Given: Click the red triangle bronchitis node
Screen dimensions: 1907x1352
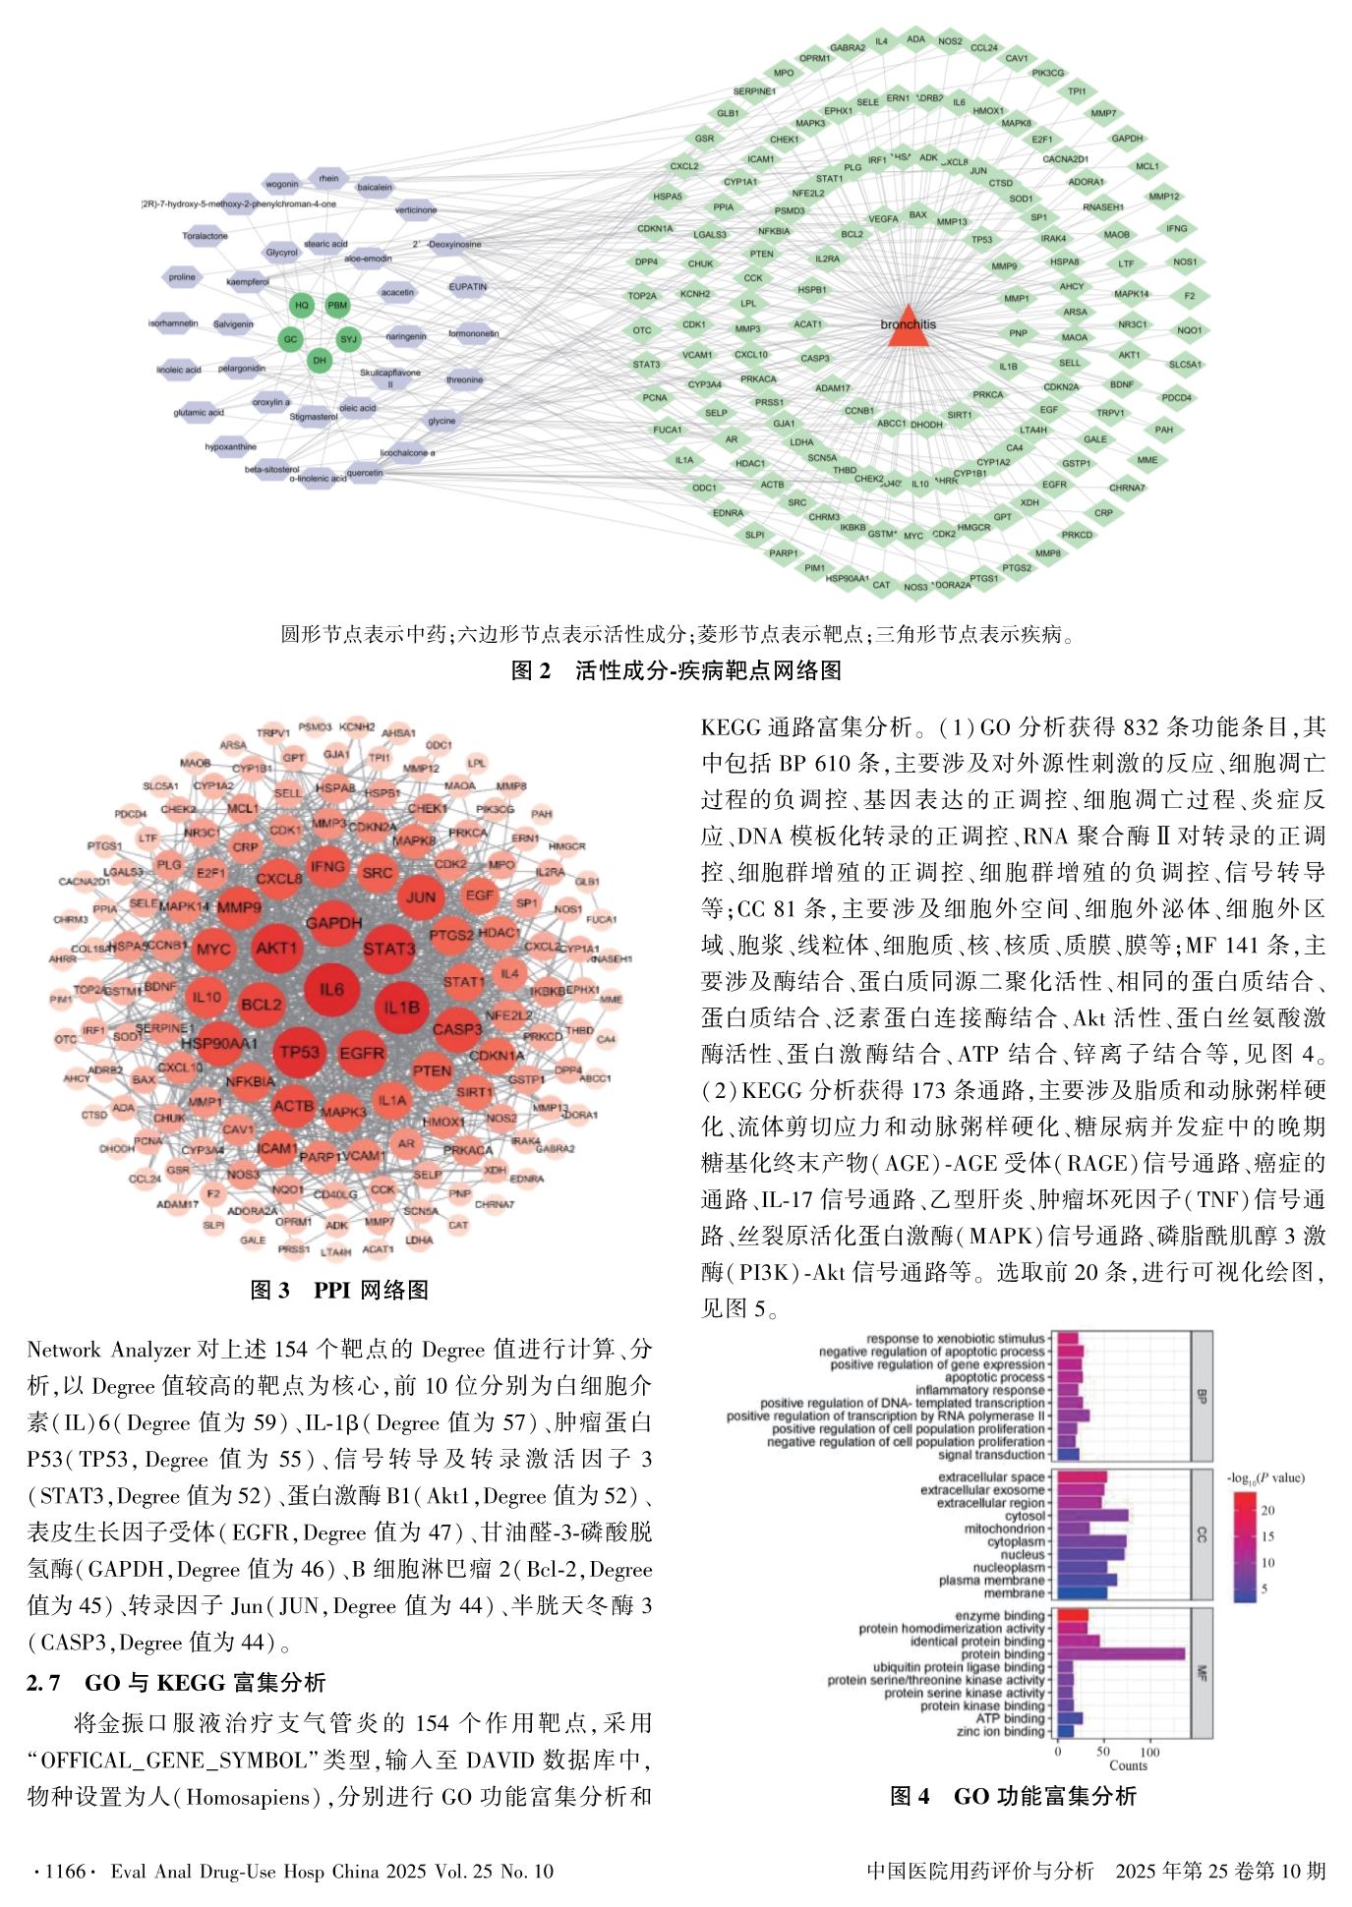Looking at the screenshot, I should [908, 329].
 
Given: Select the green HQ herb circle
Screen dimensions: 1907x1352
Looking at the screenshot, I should [302, 306].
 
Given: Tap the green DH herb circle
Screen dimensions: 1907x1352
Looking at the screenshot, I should [319, 361].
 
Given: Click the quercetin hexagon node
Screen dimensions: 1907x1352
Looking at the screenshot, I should [365, 473].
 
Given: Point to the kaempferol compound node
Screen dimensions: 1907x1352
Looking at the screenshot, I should [248, 282].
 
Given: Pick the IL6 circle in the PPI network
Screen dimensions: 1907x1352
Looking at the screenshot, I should [331, 989].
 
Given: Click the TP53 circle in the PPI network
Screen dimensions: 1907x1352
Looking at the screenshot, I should [299, 1052].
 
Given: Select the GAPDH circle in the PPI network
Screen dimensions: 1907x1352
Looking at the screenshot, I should [333, 923].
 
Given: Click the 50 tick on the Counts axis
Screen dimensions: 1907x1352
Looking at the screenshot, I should [1103, 1753].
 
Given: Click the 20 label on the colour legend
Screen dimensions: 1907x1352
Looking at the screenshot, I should [1268, 1510].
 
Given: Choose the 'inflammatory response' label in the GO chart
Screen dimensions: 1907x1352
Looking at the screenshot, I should [979, 1390].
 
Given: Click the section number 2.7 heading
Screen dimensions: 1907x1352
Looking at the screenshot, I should [44, 1682].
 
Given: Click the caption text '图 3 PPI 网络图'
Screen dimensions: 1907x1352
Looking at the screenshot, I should [339, 1289].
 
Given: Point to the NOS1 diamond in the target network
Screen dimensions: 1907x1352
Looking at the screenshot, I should [1185, 262].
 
